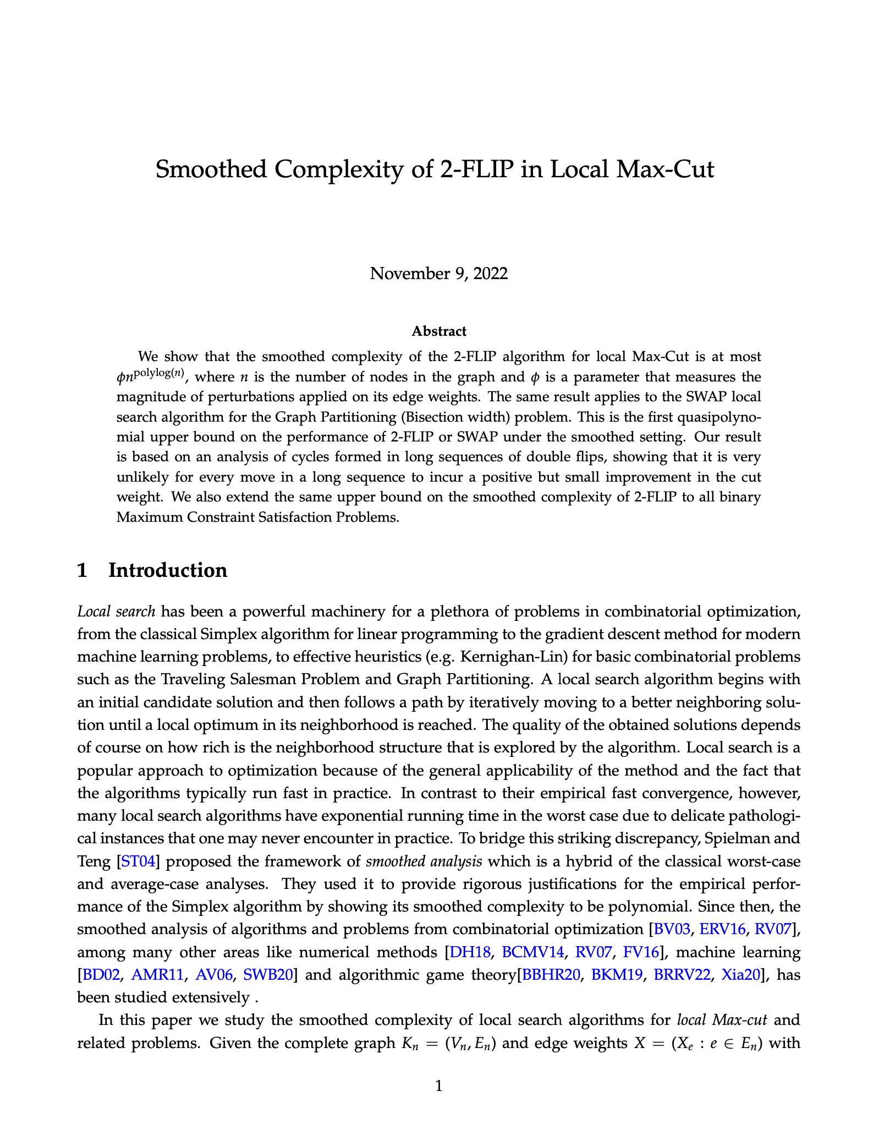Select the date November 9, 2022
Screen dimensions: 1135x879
tap(439, 274)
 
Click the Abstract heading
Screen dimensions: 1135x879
tap(439, 331)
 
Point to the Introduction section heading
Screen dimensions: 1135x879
tap(168, 570)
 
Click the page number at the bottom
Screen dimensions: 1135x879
tap(439, 1086)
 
